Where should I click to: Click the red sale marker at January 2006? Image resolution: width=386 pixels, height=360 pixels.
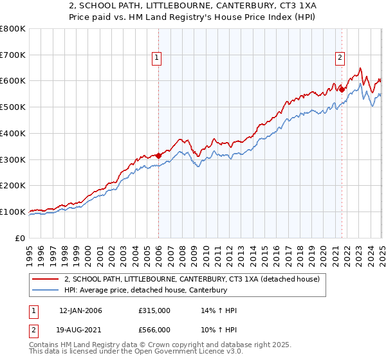(x=158, y=155)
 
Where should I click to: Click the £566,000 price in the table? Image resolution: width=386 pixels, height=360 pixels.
(x=154, y=330)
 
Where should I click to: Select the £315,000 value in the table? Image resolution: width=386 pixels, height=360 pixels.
(x=154, y=311)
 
